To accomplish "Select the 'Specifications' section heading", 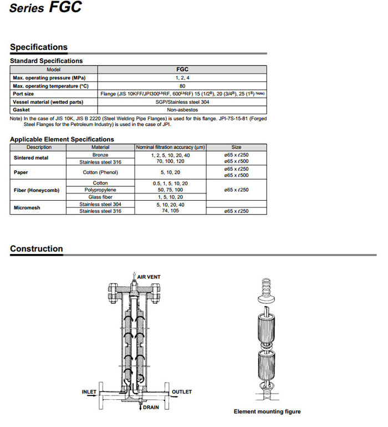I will pos(39,47).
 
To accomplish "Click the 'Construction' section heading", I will pos(37,248).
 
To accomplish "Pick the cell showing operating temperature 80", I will pos(182,86).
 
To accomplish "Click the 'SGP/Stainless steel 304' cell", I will pos(182,102).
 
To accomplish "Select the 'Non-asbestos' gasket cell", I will pos(182,110).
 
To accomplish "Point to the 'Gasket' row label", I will pos(22,110).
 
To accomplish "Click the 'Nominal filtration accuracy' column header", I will pos(170,148).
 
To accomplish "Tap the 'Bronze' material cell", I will pos(100,155).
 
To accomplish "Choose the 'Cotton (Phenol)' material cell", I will pos(100,172).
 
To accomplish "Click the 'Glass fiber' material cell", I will pos(100,197).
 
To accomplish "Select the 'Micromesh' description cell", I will pos(27,208).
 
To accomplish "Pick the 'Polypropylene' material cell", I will pos(100,190).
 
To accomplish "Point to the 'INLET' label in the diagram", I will pos(89,392).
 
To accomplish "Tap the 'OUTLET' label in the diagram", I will pos(182,392).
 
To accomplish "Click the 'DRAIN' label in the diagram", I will pos(151,407).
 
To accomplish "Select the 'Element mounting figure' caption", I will pos(267,411).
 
